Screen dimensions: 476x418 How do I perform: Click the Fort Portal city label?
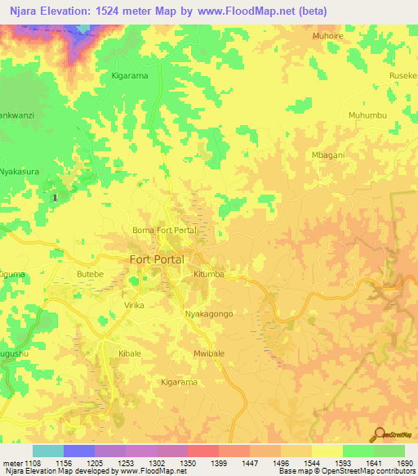pyautogui.click(x=158, y=259)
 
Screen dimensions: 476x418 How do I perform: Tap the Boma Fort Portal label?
pyautogui.click(x=165, y=231)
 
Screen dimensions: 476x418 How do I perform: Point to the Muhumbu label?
pyautogui.click(x=367, y=115)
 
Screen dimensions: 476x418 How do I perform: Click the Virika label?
pyautogui.click(x=132, y=305)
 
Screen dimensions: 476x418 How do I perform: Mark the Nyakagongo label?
pyautogui.click(x=210, y=315)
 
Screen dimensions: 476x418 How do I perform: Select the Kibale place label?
pyautogui.click(x=131, y=353)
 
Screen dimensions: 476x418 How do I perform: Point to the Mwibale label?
pyautogui.click(x=209, y=353)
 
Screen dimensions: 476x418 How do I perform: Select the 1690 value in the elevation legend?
pyautogui.click(x=405, y=463)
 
